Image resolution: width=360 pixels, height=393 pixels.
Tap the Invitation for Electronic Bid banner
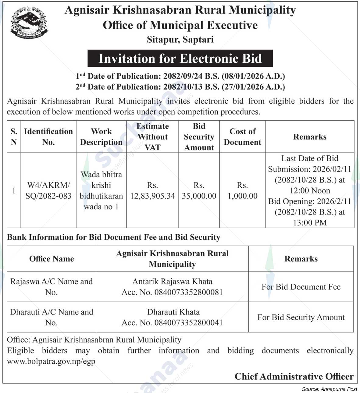click(x=180, y=58)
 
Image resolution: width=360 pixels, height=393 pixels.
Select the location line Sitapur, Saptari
click(x=180, y=40)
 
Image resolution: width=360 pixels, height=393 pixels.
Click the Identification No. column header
click(x=48, y=137)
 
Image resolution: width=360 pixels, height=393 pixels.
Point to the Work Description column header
click(x=101, y=137)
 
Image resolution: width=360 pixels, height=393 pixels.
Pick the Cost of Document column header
click(x=242, y=137)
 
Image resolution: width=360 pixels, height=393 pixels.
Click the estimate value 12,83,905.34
click(x=152, y=196)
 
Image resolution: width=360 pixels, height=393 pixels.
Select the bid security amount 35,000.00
click(x=199, y=196)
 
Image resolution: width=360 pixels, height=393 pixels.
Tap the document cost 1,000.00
click(x=243, y=196)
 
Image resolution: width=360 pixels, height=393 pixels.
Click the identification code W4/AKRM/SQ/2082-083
click(x=48, y=190)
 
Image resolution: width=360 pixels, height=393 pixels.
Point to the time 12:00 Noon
click(x=310, y=191)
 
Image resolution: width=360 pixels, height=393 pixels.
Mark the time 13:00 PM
click(x=310, y=223)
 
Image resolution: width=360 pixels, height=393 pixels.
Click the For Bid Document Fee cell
click(x=301, y=287)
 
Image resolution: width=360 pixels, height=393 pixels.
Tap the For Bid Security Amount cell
click(x=301, y=317)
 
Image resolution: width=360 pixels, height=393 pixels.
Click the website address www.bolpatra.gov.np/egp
click(x=51, y=362)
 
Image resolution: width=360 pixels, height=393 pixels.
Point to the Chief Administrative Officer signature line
click(x=294, y=377)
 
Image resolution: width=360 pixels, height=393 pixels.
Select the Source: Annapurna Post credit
click(x=329, y=389)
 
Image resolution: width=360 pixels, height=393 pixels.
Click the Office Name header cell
click(x=52, y=259)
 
